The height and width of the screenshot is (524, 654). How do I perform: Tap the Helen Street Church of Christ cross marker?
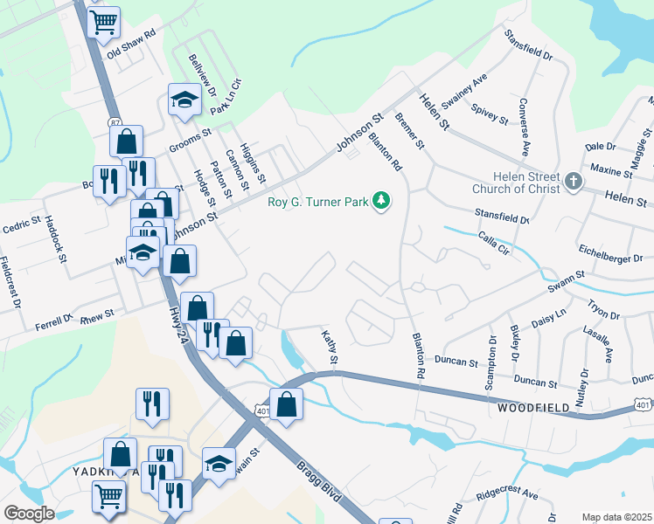click(x=574, y=182)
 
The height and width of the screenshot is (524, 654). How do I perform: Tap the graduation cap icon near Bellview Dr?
click(x=184, y=100)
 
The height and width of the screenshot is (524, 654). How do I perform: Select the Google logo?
click(x=30, y=514)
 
